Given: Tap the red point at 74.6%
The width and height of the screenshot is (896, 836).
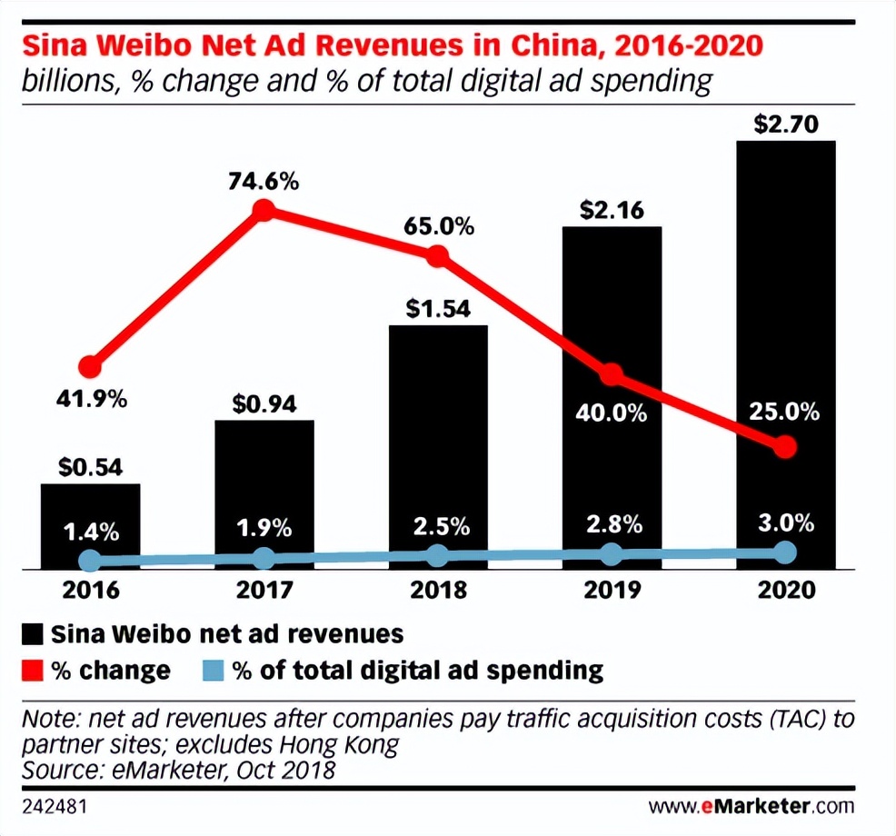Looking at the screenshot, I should pos(263,211).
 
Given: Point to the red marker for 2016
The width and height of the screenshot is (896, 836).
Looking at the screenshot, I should pos(89,367).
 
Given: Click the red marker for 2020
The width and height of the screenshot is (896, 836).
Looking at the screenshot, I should pos(786,446).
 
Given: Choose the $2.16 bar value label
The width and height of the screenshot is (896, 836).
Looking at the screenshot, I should pos(612,212).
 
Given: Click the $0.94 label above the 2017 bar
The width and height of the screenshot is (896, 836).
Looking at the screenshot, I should pos(264,403).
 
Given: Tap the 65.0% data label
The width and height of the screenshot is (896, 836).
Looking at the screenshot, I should pos(440,226).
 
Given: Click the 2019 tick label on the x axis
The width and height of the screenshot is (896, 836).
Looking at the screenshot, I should pos(612,590).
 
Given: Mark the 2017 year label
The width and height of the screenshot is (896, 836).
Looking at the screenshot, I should pos(264,590).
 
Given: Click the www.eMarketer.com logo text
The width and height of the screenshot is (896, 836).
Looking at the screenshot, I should pos(752,806).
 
